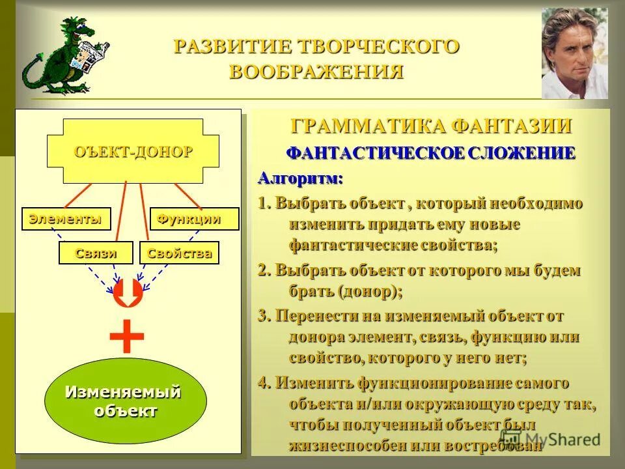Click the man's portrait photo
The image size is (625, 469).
click(574, 53)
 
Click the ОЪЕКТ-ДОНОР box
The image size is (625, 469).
click(133, 152)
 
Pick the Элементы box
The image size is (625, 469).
click(65, 220)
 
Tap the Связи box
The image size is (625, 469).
click(96, 253)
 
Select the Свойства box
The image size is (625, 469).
click(179, 253)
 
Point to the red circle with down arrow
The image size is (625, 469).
click(128, 293)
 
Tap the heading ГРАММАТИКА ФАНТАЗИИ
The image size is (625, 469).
click(431, 126)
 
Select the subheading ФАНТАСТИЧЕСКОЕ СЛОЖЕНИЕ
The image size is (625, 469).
click(431, 154)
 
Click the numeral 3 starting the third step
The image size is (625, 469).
click(262, 317)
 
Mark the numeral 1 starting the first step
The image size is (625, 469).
click(262, 203)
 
